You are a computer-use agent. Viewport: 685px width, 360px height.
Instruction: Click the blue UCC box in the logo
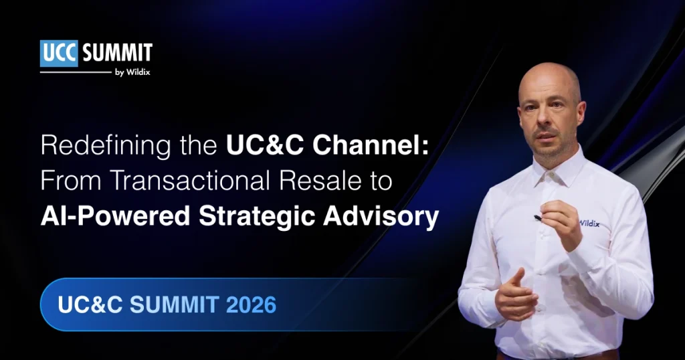pos(60,54)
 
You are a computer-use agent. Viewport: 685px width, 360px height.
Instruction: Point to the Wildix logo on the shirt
pos(592,223)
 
